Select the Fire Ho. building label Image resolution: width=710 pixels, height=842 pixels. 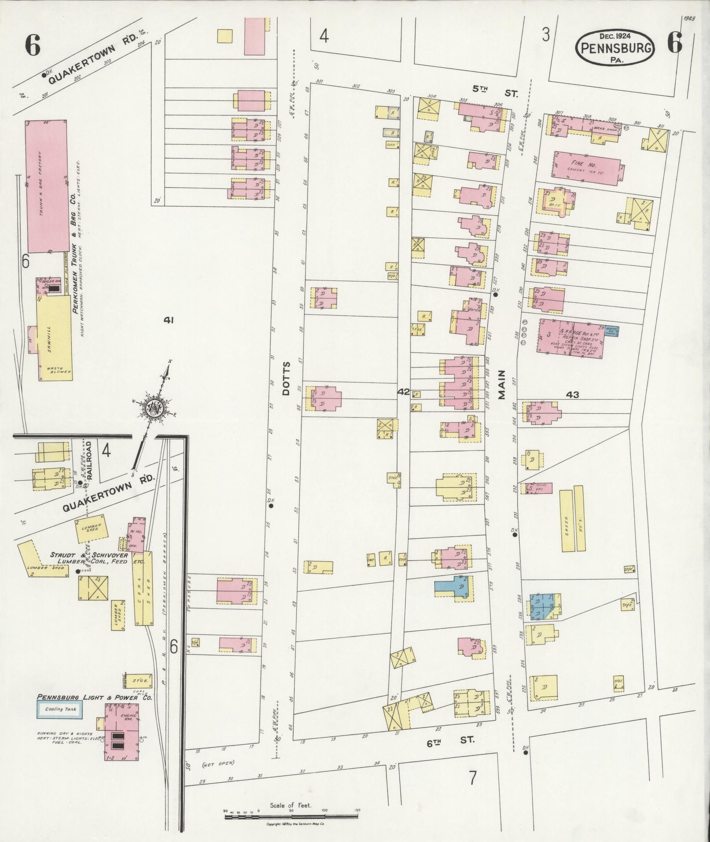point(585,164)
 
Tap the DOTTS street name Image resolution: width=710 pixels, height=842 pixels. point(287,379)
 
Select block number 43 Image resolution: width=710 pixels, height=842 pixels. point(573,395)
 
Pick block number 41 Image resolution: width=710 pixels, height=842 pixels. point(168,320)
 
